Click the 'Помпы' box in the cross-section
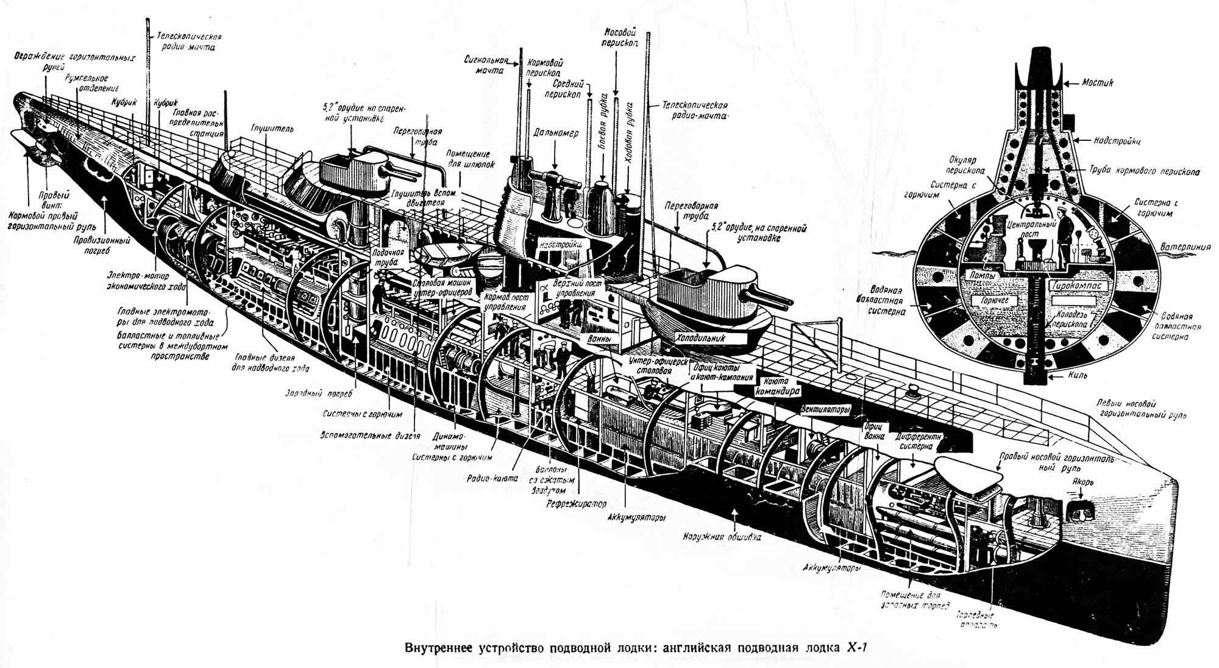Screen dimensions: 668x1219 click(x=981, y=276)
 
